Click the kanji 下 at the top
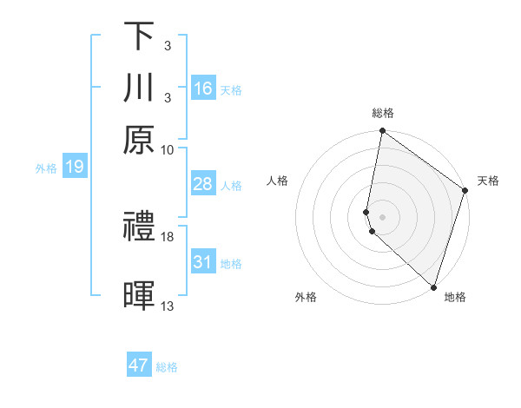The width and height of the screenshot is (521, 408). [139, 36]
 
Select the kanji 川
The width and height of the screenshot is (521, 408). [139, 88]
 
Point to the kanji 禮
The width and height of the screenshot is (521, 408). [139, 227]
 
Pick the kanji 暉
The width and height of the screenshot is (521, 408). [139, 295]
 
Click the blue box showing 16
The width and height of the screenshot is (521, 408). [203, 89]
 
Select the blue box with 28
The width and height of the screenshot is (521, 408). [203, 184]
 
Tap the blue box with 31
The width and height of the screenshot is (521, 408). [203, 262]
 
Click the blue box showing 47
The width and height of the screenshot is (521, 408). [139, 365]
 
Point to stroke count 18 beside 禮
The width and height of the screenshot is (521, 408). [168, 236]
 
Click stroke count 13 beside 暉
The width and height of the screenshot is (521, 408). [168, 306]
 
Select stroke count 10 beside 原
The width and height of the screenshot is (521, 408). [168, 149]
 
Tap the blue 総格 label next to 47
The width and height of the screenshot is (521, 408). [167, 367]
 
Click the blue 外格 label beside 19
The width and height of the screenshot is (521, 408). [45, 168]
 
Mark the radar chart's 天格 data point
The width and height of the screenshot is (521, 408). [465, 192]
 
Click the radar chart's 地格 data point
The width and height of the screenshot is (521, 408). [433, 286]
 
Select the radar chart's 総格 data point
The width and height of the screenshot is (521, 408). [382, 132]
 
